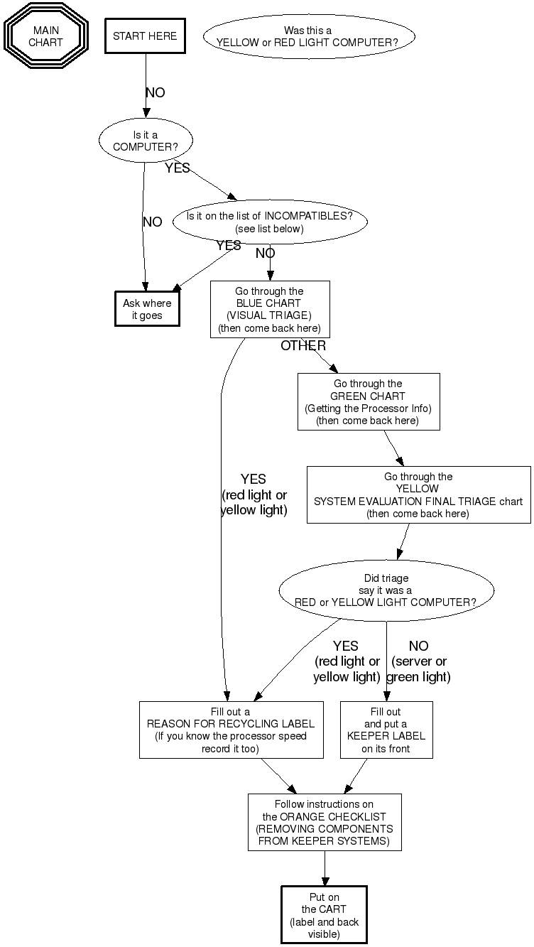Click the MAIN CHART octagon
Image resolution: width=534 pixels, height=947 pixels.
45,36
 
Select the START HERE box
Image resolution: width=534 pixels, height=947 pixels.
145,36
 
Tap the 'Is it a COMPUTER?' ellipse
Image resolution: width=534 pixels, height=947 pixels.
146,141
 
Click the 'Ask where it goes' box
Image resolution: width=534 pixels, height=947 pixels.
147,309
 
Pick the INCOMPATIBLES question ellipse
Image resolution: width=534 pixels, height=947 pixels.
270,222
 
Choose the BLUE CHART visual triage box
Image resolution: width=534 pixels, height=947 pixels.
270,309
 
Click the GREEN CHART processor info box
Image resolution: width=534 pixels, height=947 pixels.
368,401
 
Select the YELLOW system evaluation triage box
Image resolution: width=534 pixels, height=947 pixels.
418,494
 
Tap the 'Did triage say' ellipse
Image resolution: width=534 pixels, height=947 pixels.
386,590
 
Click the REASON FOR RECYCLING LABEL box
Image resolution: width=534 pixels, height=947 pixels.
230,730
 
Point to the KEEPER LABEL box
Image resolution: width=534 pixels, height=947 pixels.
386,730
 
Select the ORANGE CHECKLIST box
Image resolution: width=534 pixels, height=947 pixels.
325,822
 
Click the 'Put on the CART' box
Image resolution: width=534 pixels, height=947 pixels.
324,915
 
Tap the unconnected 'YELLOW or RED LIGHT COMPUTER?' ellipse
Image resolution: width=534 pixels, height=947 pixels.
308,36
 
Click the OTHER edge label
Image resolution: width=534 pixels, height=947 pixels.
303,346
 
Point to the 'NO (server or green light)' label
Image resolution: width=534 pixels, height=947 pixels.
418,661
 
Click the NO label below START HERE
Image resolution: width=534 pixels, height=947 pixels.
155,92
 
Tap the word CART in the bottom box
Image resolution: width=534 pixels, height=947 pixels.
333,909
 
